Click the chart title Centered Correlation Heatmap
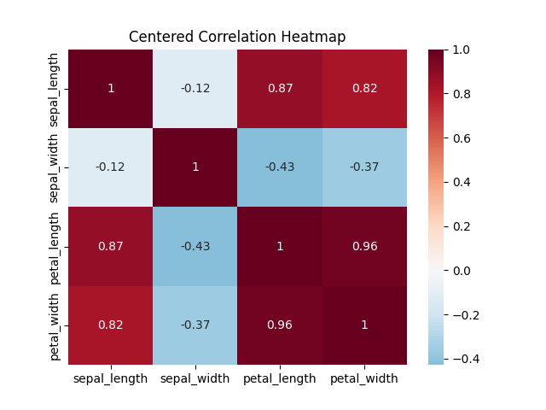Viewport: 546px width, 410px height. coord(237,37)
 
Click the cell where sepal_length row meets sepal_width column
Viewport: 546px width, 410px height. coord(195,89)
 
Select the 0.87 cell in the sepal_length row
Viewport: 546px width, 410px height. coord(280,89)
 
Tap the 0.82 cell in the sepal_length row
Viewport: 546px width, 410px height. coord(364,89)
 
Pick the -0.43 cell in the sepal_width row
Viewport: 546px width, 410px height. coord(280,167)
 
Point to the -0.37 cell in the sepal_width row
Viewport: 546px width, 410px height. coord(364,167)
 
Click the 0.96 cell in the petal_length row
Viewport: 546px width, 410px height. coord(364,246)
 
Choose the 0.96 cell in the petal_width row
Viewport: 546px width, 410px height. coord(280,325)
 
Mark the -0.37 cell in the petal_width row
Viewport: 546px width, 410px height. coord(195,325)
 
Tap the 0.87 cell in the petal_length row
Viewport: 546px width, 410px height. coord(111,246)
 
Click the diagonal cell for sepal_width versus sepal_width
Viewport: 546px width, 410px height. coord(195,167)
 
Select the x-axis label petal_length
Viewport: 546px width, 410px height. coord(280,378)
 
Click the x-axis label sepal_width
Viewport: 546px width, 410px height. coord(195,378)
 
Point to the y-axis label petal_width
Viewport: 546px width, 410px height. coord(55,325)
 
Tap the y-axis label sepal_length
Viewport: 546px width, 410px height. coord(55,89)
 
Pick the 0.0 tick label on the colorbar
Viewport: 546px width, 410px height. coord(462,271)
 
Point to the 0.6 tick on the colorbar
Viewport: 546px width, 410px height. coord(462,138)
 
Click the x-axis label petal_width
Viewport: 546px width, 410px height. coord(364,378)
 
